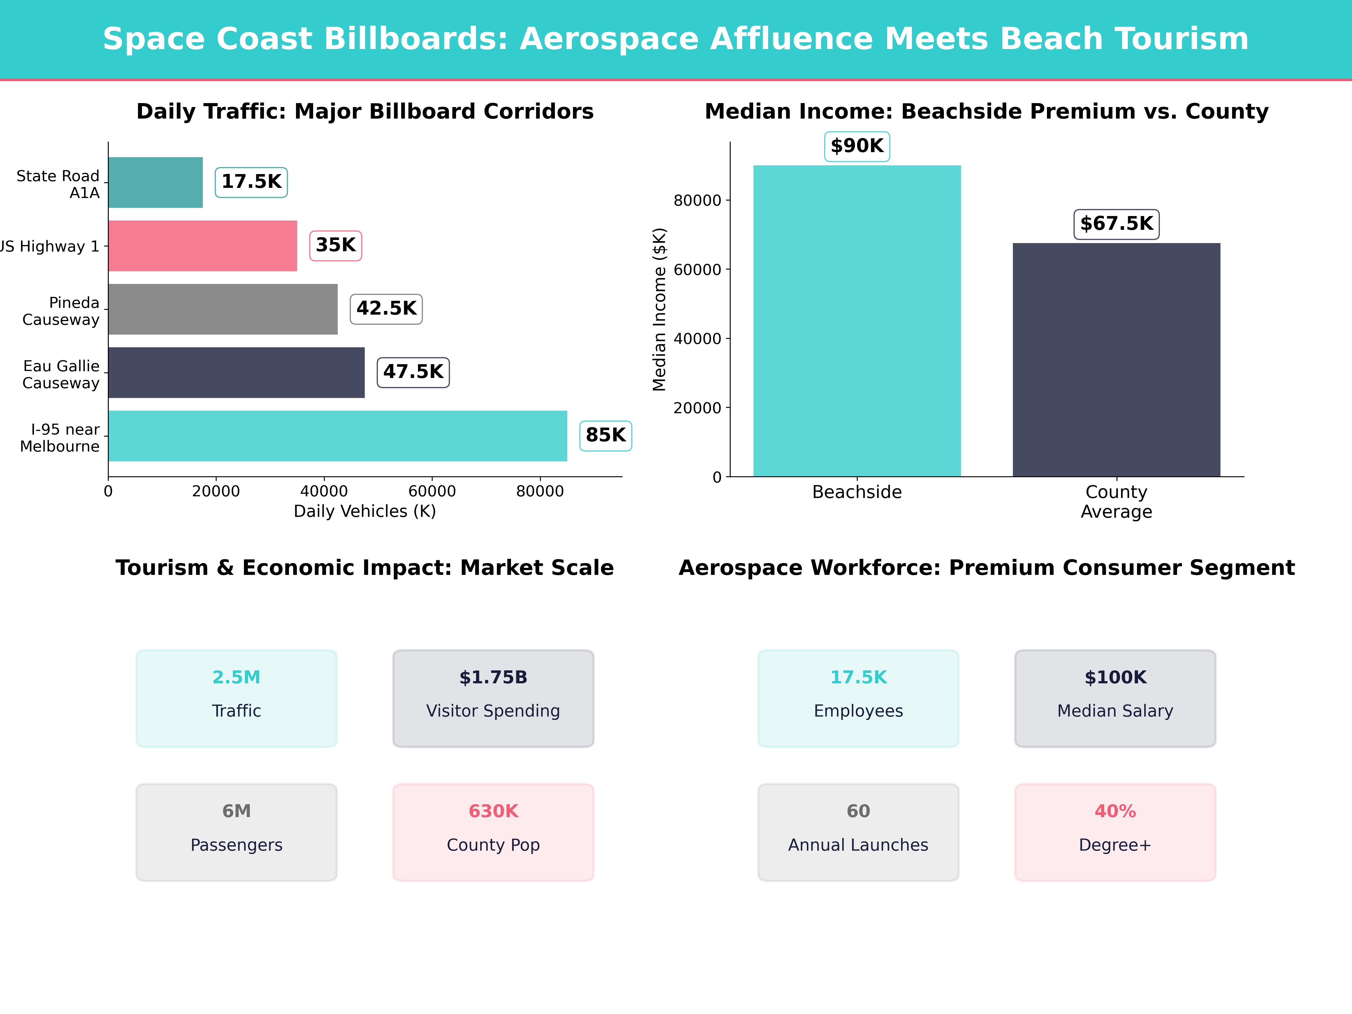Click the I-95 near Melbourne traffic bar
point(337,436)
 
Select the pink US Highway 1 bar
point(202,246)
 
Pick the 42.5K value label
point(386,309)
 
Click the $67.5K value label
point(1116,224)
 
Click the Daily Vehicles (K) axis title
point(365,512)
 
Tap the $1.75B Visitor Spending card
point(493,698)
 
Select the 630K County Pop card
point(493,832)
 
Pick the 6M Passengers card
point(237,832)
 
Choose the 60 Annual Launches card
point(858,832)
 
